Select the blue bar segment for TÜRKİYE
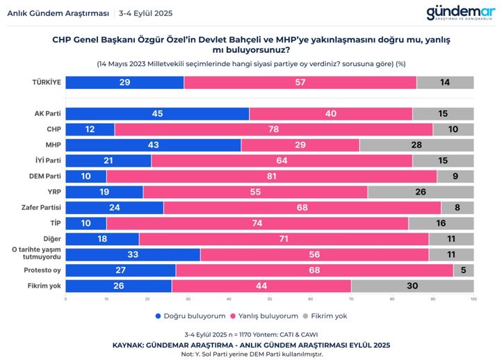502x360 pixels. pos(124,82)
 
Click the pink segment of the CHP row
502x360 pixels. pos(273,129)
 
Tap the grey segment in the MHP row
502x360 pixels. pos(416,145)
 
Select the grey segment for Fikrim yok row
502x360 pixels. pos(412,286)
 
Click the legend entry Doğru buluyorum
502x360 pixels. pos(187,316)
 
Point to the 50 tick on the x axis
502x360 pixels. pos(270,300)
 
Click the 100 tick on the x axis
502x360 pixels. pos(473,300)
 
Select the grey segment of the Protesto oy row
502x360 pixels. pos(463,270)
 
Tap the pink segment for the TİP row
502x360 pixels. pos(257,222)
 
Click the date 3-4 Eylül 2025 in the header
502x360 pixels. pos(145,13)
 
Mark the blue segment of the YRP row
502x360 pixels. pos(104,191)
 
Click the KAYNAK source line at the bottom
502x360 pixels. pos(251,345)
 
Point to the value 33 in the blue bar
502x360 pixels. pos(132,254)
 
